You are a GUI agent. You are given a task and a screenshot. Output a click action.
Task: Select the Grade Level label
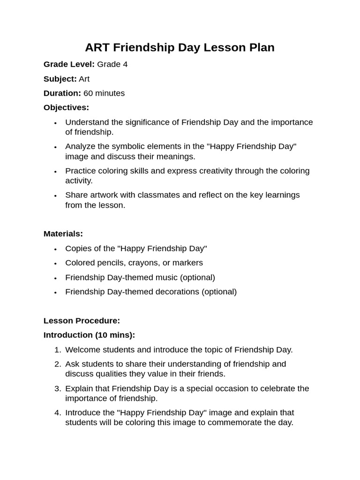click(x=69, y=64)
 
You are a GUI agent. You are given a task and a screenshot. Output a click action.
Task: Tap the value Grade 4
click(x=112, y=64)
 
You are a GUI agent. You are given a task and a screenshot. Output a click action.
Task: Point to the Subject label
click(x=60, y=79)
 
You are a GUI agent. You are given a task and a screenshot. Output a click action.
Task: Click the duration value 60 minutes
click(x=104, y=93)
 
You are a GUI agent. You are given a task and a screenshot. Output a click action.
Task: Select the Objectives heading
click(x=66, y=107)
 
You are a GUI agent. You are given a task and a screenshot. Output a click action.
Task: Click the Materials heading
click(x=63, y=233)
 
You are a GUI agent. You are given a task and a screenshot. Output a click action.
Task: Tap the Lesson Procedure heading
click(x=82, y=321)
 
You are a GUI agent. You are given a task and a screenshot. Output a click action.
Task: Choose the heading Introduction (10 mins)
click(x=89, y=335)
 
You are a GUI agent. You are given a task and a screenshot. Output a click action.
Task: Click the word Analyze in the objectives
click(x=80, y=146)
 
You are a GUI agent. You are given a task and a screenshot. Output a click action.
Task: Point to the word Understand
click(x=86, y=122)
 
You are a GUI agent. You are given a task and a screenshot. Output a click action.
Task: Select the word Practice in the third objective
click(x=81, y=171)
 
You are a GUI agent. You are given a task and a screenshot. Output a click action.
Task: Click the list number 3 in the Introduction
click(x=58, y=389)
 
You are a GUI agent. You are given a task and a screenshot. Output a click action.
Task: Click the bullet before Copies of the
click(x=55, y=249)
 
